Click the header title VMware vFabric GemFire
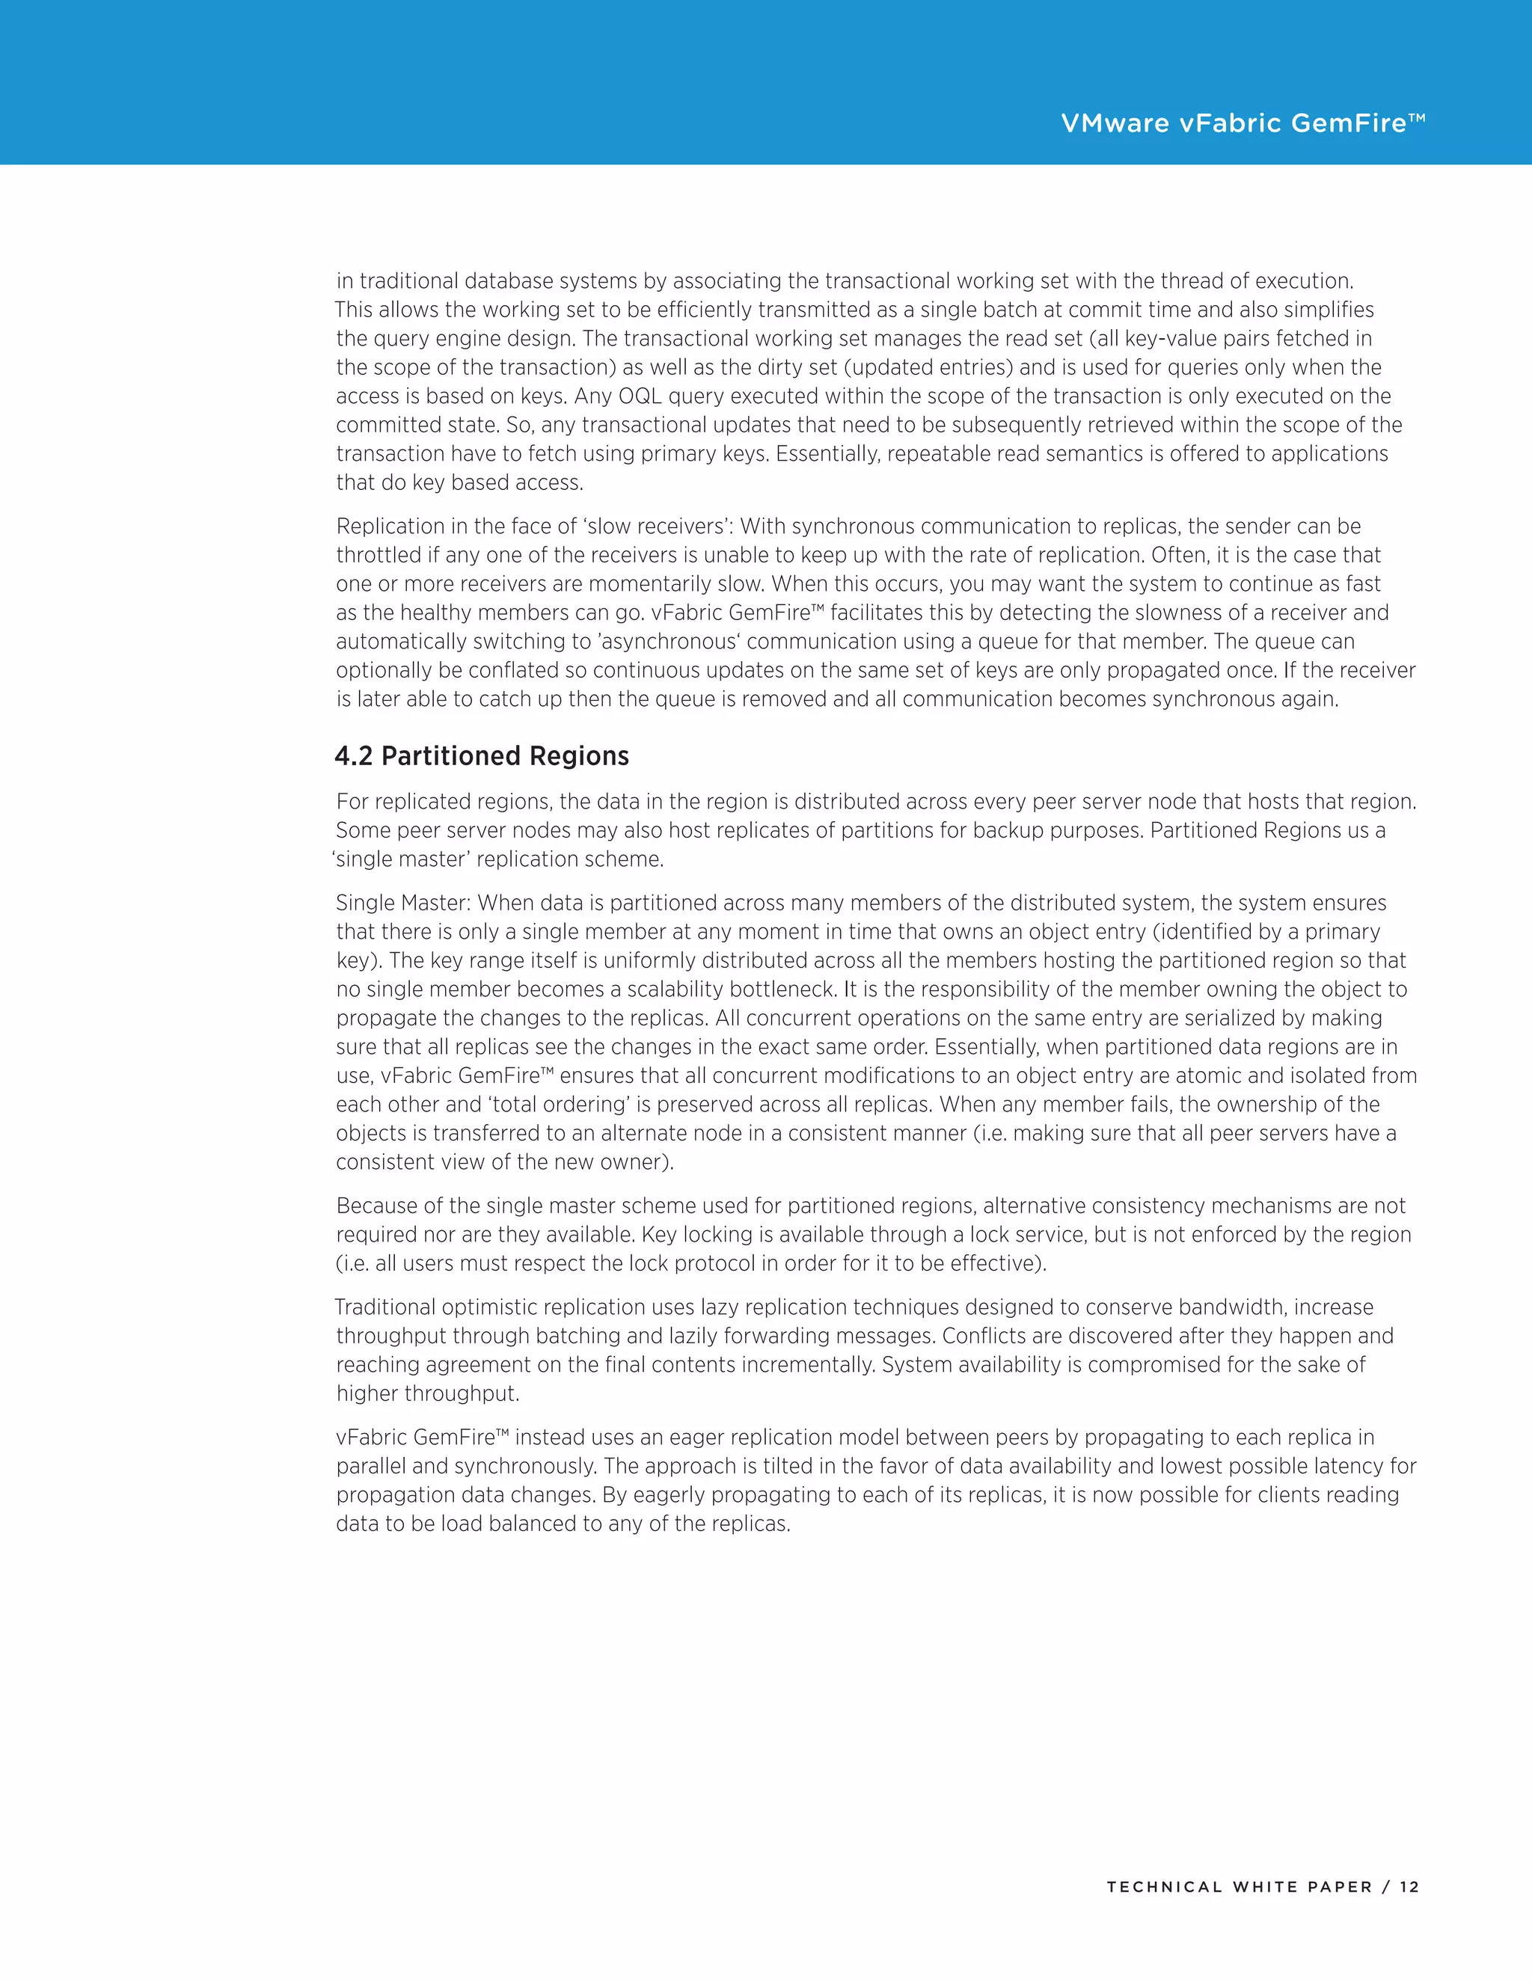pyautogui.click(x=1243, y=123)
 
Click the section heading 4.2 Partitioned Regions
pyautogui.click(x=481, y=756)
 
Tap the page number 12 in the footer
pyautogui.click(x=1409, y=1887)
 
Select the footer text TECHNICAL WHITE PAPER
pyautogui.click(x=1239, y=1887)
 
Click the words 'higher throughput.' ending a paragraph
pyautogui.click(x=426, y=1394)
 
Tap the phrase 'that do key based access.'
pyautogui.click(x=459, y=483)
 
